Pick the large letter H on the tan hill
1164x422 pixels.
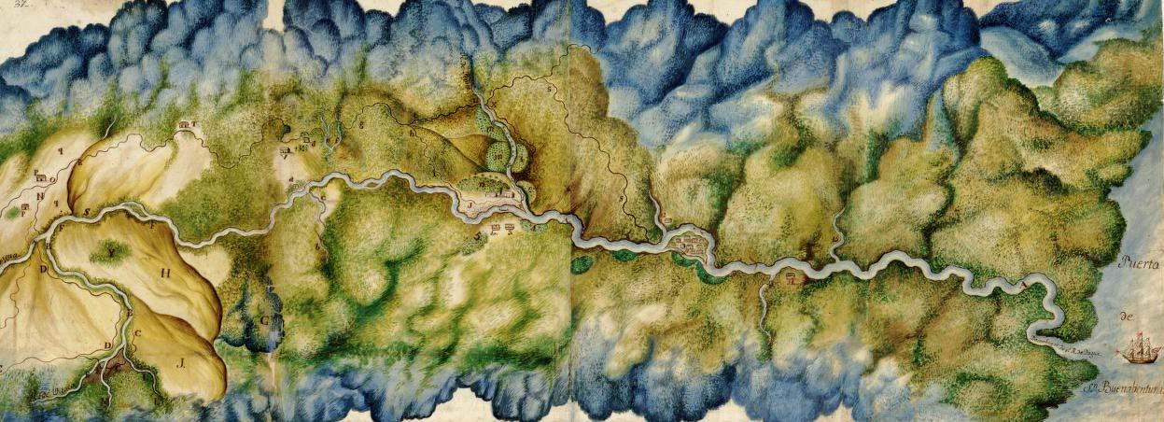(167, 274)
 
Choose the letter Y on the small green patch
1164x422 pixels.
(114, 252)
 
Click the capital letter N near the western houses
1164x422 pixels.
(41, 195)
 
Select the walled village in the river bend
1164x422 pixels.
(689, 243)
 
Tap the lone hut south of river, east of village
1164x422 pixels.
(792, 276)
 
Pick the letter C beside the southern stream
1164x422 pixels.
(138, 333)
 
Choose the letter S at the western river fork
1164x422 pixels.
(87, 212)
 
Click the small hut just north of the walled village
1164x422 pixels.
(668, 220)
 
